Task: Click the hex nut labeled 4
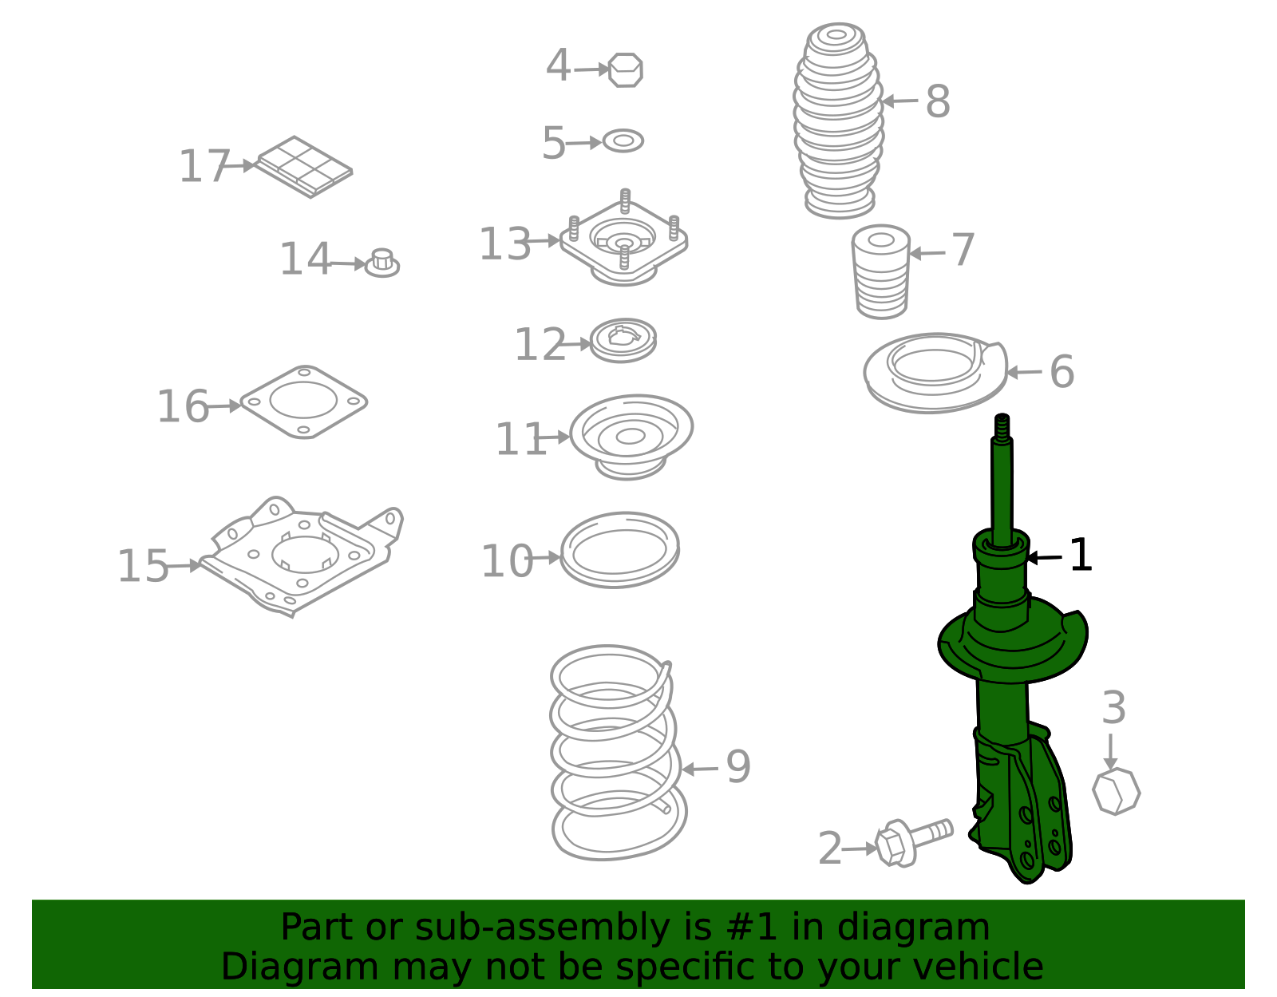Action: click(625, 70)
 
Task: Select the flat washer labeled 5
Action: click(623, 141)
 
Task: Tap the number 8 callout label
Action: click(938, 102)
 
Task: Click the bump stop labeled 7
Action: click(881, 271)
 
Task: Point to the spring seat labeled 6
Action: click(935, 374)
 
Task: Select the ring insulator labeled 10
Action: click(620, 550)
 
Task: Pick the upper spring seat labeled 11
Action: click(631, 436)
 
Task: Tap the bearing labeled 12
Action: click(623, 340)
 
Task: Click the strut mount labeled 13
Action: click(624, 239)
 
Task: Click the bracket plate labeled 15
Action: click(303, 555)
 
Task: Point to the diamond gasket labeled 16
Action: click(303, 402)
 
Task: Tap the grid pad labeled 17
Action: click(304, 166)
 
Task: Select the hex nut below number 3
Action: click(1116, 791)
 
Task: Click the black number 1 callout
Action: click(1081, 555)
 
